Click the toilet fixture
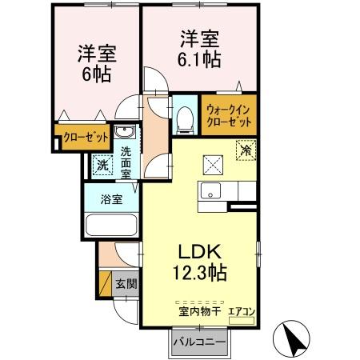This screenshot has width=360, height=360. pos(186,119)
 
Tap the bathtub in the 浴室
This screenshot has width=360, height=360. pos(111,225)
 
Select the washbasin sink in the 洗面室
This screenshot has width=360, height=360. pos(124,132)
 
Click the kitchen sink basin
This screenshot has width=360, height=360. pos(210,190)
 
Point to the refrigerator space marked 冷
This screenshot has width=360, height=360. pos(246,150)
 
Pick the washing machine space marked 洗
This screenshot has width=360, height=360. pos(102,166)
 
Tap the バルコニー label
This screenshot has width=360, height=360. pos(199,342)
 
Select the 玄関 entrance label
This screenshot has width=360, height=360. pos(126,284)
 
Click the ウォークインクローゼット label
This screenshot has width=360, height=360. pos(229,115)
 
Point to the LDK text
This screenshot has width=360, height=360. pos(200,251)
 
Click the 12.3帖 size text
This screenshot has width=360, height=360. pos(200,273)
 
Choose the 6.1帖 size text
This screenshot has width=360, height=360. pos(199,59)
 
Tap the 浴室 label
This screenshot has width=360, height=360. pos(111,199)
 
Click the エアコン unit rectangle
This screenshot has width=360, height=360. pos(242,321)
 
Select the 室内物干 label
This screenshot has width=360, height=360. pos(200,311)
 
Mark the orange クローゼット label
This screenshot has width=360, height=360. pos(86,138)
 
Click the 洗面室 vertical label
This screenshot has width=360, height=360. pos(126,162)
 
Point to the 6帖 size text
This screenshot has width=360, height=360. pos(97,74)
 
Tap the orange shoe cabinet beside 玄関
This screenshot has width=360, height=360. pos(105,283)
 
